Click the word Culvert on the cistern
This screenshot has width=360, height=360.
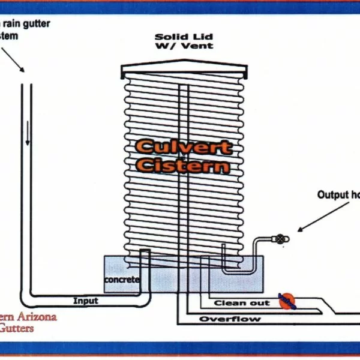(x=183, y=146)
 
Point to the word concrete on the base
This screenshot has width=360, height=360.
(x=122, y=280)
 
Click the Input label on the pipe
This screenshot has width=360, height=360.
(x=86, y=301)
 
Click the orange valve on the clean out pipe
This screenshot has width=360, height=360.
(x=287, y=301)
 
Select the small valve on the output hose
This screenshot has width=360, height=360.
(x=281, y=238)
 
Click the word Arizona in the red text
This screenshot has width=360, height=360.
(x=36, y=316)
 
